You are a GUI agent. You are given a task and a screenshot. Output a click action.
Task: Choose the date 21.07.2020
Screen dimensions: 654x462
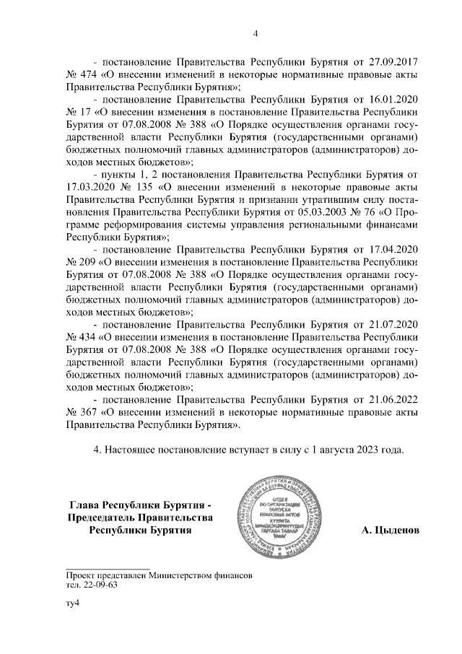point(393,326)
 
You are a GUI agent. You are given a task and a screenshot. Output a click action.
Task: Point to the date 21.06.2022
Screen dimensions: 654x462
point(393,401)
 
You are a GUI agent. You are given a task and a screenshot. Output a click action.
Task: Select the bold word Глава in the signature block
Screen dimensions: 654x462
point(86,504)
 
